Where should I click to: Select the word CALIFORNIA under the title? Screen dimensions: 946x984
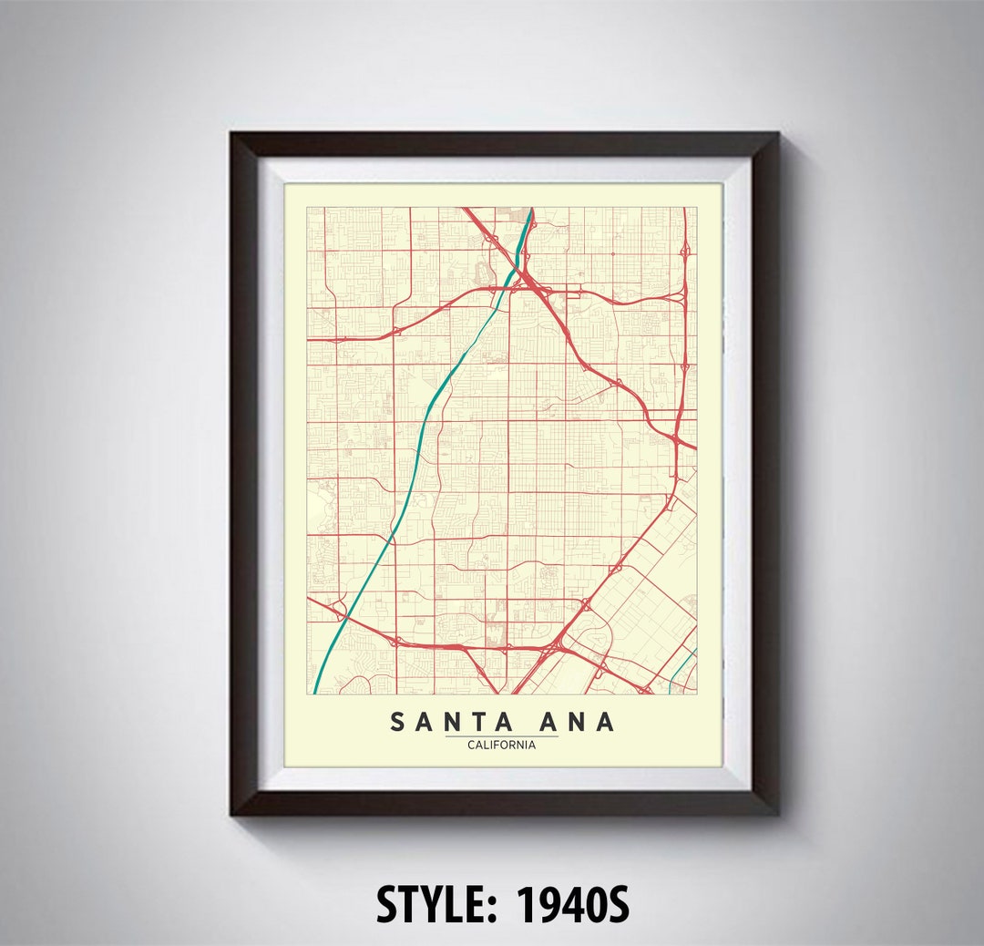501,745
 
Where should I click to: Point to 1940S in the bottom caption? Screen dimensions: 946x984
573,905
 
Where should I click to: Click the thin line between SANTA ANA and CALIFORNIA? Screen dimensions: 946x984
501,735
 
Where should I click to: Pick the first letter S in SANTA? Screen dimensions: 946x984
398,722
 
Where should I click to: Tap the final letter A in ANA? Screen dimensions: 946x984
605,722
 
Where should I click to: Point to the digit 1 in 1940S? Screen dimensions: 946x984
526,905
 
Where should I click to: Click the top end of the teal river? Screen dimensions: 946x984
531,210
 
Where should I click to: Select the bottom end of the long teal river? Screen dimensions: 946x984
315,692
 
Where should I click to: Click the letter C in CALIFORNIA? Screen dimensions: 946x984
470,745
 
